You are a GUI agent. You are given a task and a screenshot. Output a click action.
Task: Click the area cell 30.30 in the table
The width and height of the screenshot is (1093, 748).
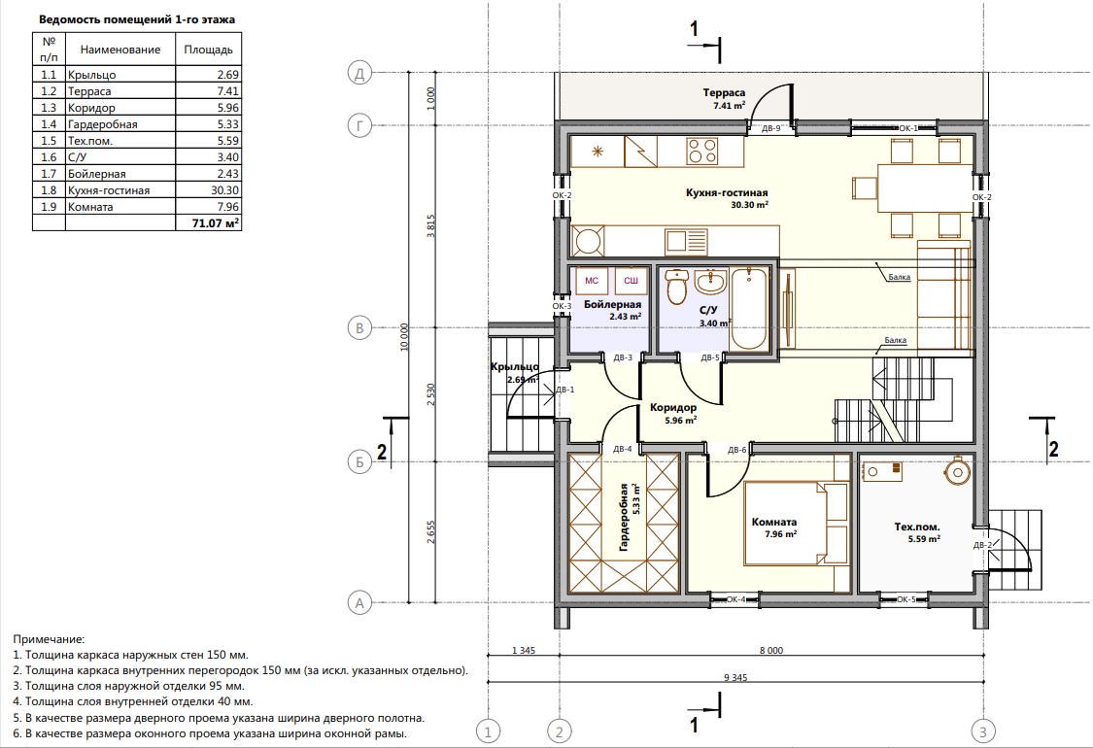[x=224, y=190]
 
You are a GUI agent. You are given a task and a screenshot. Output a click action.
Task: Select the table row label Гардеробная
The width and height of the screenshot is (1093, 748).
[x=102, y=124]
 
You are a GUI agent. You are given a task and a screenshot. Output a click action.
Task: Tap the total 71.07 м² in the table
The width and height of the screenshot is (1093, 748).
[x=216, y=223]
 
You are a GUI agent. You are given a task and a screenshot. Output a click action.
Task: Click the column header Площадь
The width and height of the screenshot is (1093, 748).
[x=209, y=50]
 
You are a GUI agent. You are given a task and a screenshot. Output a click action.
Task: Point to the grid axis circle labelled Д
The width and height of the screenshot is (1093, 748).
[x=359, y=73]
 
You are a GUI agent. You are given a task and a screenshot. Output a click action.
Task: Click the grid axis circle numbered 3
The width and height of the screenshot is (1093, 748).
[x=983, y=731]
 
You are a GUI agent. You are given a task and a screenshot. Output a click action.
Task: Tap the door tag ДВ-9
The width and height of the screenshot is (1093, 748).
[x=771, y=128]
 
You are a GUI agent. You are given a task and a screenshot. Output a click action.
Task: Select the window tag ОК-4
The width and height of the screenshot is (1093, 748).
[x=735, y=598]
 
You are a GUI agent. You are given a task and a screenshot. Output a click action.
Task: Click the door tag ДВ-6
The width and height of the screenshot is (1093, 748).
[x=736, y=450]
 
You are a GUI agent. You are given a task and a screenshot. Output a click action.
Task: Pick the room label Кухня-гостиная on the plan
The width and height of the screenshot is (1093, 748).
[x=727, y=192]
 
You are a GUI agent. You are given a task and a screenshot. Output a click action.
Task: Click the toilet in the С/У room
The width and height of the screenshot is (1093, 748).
[x=677, y=288]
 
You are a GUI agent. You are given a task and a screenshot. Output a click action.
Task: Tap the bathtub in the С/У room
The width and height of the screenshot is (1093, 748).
[x=749, y=309]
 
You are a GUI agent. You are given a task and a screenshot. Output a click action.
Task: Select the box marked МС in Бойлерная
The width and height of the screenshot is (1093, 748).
[x=591, y=280]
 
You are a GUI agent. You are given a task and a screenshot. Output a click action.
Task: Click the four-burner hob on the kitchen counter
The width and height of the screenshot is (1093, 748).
[x=701, y=152]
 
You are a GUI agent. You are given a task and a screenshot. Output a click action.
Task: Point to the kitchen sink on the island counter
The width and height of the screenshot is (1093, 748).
[x=686, y=242]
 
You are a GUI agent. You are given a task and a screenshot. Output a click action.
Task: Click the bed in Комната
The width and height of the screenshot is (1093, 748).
[x=796, y=522]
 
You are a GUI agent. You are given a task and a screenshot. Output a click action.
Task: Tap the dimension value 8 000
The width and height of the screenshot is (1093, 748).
[x=771, y=651]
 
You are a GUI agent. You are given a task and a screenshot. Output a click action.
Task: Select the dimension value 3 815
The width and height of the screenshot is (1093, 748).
[x=430, y=226]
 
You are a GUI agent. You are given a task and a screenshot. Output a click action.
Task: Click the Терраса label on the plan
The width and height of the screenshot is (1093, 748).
[x=724, y=92]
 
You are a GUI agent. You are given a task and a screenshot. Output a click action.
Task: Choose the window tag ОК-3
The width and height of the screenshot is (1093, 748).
[x=562, y=306]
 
